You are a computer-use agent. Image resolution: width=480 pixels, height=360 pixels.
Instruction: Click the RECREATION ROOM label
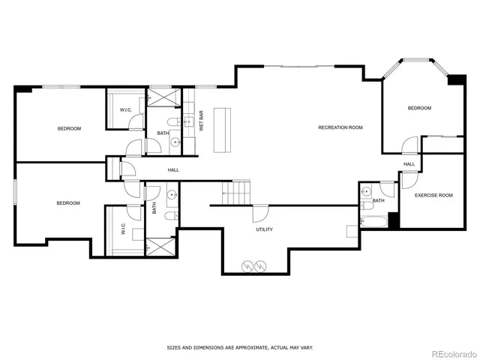click(340, 127)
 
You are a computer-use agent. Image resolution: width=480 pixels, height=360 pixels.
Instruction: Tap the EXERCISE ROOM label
click(434, 195)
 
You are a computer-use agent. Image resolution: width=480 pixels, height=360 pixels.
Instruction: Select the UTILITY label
click(264, 229)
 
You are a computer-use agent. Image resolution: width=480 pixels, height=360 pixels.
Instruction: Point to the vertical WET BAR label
click(202, 121)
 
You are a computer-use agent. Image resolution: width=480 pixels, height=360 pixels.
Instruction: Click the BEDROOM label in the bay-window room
click(419, 108)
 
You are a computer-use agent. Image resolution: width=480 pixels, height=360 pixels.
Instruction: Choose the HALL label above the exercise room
click(409, 164)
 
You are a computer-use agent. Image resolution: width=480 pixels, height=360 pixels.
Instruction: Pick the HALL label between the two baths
click(173, 170)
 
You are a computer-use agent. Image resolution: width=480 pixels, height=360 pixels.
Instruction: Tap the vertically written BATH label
click(154, 208)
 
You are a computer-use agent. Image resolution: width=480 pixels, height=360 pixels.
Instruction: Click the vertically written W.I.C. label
click(122, 229)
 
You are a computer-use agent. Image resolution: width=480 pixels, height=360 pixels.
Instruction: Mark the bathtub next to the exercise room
click(373, 223)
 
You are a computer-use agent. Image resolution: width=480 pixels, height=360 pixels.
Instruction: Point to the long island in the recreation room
click(222, 130)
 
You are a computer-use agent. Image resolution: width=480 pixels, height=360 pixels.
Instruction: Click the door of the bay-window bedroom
click(409, 145)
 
